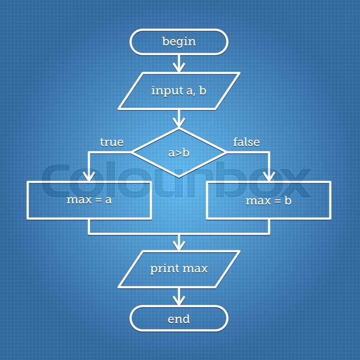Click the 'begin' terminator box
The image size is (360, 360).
pyautogui.click(x=179, y=42)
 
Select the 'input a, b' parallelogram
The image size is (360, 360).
pyautogui.click(x=179, y=91)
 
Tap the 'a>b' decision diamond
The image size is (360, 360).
pyautogui.click(x=179, y=153)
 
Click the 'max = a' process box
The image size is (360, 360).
pyautogui.click(x=89, y=200)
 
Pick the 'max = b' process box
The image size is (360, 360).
pyautogui.click(x=269, y=200)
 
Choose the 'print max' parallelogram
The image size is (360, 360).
pyautogui.click(x=179, y=269)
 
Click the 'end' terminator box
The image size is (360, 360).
pyautogui.click(x=179, y=319)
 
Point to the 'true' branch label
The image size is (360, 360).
pyautogui.click(x=112, y=142)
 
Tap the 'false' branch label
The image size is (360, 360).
pyautogui.click(x=246, y=142)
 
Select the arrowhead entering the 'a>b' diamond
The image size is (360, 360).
pyautogui.click(x=179, y=124)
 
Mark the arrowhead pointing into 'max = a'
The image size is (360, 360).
pyautogui.click(x=89, y=177)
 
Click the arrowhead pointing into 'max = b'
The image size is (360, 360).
pyautogui.click(x=269, y=177)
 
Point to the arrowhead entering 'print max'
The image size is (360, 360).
pyautogui.click(x=179, y=246)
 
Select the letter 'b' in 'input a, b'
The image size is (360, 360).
pyautogui.click(x=202, y=90)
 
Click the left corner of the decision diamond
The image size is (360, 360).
pyautogui.click(x=132, y=153)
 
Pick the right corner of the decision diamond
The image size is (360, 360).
pyautogui.click(x=226, y=153)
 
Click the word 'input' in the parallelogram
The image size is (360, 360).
pyautogui.click(x=166, y=91)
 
